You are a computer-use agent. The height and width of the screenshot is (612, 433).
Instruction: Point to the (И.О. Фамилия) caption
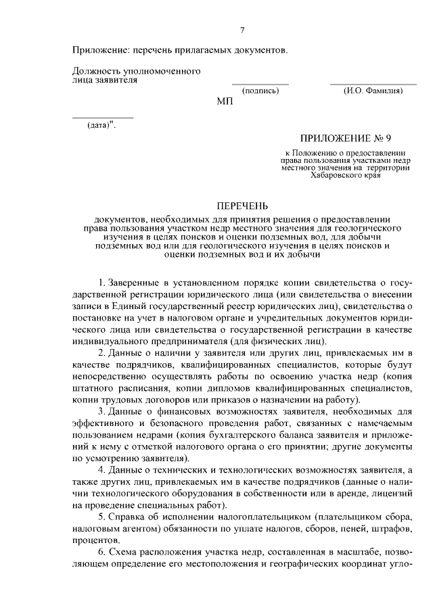[373, 91]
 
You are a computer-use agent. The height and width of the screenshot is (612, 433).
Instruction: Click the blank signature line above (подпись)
[260, 85]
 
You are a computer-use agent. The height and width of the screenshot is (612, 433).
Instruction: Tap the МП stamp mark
[225, 101]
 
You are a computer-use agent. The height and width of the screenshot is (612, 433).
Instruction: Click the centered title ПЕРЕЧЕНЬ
[242, 205]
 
